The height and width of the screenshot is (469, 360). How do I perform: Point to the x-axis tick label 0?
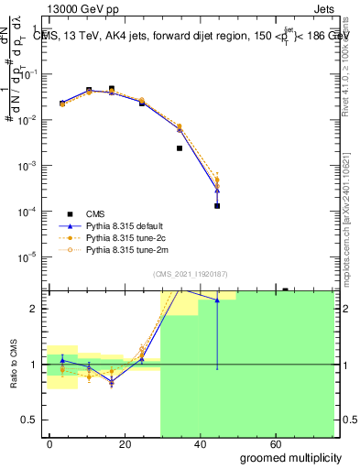49,442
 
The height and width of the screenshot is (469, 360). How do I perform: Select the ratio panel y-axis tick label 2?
33,309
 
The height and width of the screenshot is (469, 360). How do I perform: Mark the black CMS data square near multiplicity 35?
180,148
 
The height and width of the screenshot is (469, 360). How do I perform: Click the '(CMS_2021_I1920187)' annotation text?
190,274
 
